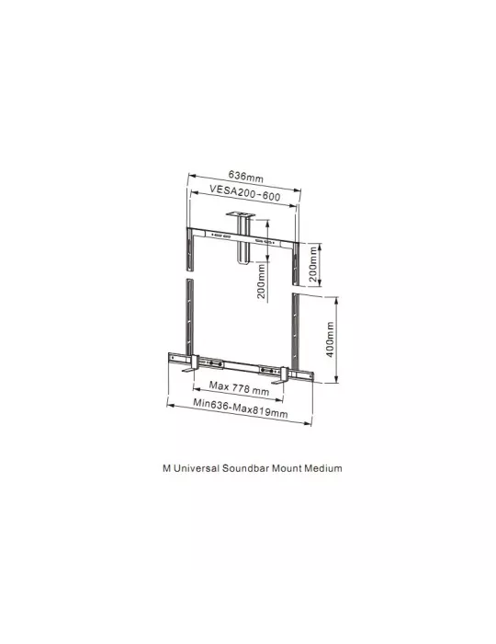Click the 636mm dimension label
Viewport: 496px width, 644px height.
[246, 177]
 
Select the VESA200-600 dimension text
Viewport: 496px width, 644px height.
[245, 192]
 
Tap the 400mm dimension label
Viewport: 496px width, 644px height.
[331, 339]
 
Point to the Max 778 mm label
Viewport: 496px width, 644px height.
[239, 388]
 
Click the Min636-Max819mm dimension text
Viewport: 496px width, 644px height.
[241, 408]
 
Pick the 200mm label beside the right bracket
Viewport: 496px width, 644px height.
[313, 264]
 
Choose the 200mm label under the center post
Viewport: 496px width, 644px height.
[261, 282]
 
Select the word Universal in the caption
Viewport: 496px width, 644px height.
[196, 468]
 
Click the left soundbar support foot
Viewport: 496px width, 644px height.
[192, 364]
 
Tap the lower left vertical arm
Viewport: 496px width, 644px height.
[190, 317]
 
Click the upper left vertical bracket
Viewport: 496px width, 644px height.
[191, 250]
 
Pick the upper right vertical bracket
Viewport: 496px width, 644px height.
[296, 263]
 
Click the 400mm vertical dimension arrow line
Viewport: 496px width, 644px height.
[336, 339]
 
